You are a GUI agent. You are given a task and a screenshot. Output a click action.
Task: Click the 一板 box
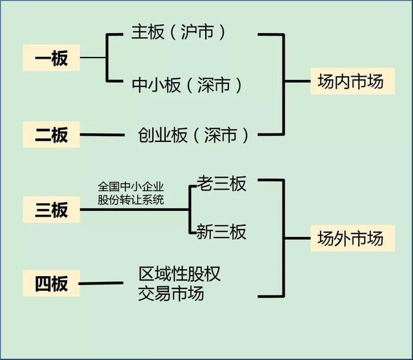51,59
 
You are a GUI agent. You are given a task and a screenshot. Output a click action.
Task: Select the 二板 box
51,135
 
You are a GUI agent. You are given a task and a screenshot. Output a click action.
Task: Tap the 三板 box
51,209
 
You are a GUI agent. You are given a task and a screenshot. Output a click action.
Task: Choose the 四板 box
51,283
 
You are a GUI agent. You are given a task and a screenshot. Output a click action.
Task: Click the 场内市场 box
351,82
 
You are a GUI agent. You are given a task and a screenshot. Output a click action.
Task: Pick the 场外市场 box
351,238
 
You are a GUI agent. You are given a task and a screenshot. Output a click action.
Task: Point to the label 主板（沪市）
179,32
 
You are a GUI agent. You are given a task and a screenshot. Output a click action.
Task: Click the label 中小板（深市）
188,85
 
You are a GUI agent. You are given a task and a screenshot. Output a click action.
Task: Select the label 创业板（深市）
193,135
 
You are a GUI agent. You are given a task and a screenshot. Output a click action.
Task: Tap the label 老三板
221,185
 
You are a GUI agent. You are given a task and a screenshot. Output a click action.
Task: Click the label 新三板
221,232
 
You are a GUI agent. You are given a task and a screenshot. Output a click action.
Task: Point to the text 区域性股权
180,274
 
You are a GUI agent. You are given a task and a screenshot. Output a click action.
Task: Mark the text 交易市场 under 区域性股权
171,294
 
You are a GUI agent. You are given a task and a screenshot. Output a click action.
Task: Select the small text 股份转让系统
131,199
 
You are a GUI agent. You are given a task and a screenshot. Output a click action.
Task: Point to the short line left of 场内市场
296,82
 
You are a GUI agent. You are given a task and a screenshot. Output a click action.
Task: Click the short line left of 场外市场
296,238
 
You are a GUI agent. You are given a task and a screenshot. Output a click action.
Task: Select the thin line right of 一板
93,58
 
